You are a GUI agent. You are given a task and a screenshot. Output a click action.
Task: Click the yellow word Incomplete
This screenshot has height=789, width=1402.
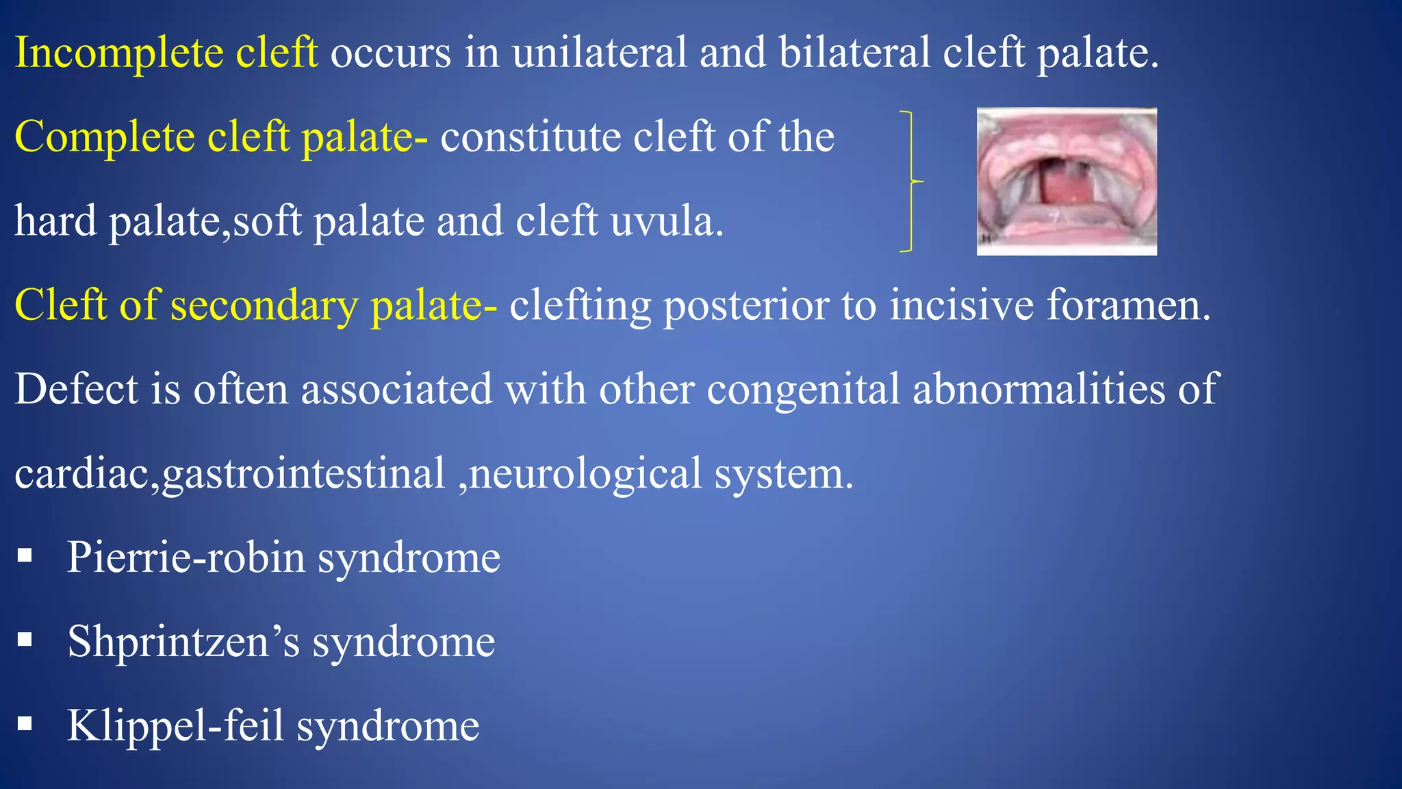tap(118, 53)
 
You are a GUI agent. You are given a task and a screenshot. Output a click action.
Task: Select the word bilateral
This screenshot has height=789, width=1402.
tap(854, 52)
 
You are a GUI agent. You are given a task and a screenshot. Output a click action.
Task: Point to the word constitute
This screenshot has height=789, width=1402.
tap(530, 136)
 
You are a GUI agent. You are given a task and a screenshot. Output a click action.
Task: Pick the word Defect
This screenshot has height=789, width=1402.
tap(76, 389)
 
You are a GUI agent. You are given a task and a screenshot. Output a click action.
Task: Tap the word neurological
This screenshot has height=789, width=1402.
tap(585, 474)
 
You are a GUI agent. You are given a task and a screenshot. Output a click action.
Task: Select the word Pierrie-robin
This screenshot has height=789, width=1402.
tap(186, 557)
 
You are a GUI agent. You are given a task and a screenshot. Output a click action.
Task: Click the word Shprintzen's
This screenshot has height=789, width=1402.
tap(183, 642)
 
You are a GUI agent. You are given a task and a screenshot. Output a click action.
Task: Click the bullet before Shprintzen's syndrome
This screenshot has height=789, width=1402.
tap(25, 640)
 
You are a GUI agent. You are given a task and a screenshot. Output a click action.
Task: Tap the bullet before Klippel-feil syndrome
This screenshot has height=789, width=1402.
tap(25, 723)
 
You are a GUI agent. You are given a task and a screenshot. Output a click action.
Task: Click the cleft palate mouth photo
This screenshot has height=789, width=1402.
tap(1066, 181)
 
